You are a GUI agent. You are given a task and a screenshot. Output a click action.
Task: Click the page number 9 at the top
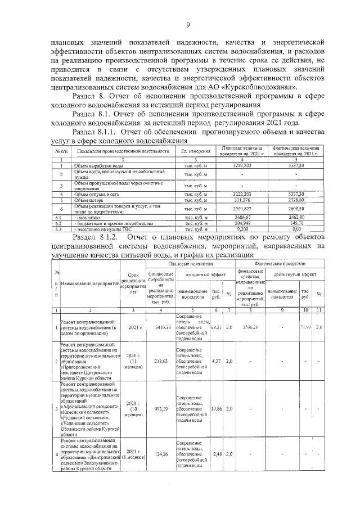tap(188, 24)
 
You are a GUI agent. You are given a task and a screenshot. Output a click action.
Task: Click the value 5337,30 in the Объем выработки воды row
tap(292, 166)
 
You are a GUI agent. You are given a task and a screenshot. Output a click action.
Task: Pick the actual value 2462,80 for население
tap(292, 217)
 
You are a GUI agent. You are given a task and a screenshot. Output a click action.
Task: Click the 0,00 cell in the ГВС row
tap(292, 229)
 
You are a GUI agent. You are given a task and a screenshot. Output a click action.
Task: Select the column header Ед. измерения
tap(195, 151)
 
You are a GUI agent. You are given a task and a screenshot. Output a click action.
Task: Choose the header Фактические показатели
tap(280, 263)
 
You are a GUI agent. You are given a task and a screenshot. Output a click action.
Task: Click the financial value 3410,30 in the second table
tap(161, 326)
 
